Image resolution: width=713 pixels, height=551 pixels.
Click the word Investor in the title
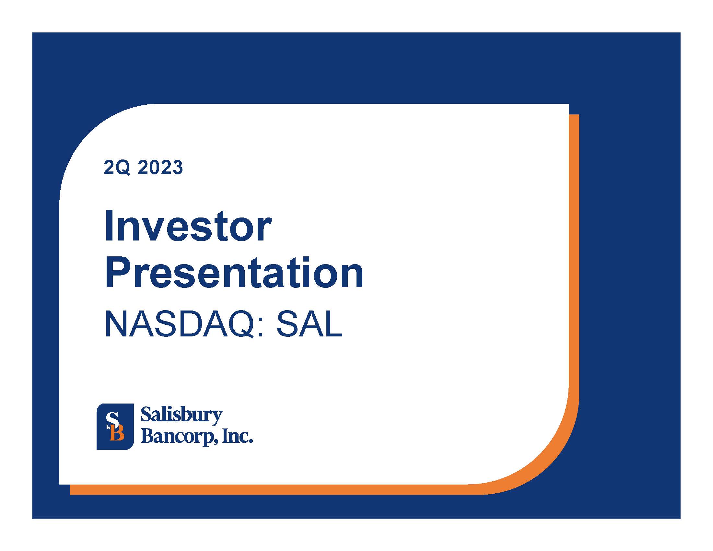click(x=188, y=226)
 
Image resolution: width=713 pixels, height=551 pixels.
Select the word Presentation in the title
click(x=234, y=272)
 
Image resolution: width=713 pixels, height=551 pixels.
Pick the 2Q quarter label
click(x=117, y=168)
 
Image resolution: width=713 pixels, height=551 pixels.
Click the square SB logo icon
click(x=115, y=427)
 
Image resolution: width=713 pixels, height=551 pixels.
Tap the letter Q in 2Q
click(x=124, y=168)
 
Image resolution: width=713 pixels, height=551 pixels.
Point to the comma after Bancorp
click(x=216, y=442)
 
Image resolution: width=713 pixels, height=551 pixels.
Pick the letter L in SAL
click(x=334, y=324)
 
